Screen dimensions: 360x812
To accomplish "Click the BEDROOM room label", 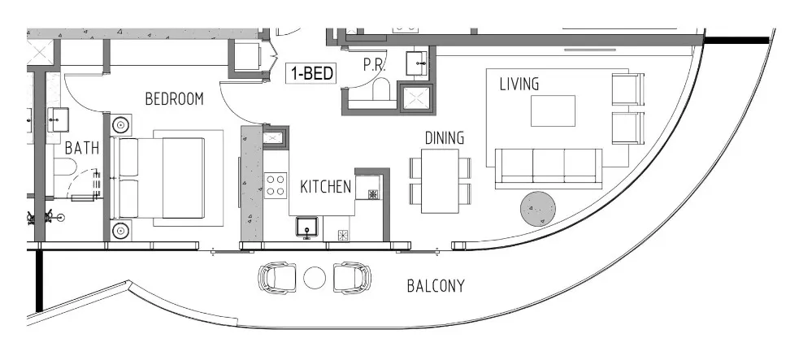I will point(174,99).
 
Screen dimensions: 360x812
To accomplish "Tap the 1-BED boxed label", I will point(313,73).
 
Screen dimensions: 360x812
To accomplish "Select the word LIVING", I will point(519,84).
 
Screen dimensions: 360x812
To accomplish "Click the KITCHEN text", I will point(325,187).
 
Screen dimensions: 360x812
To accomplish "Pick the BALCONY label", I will point(436,286).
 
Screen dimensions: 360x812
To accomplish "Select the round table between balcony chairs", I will point(314,279).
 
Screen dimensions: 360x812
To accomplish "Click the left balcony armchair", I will point(277,278).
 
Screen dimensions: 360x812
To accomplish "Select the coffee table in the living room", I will point(553,111).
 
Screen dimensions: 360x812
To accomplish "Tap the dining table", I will point(440,181).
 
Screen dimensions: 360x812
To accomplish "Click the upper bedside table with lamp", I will point(121,125).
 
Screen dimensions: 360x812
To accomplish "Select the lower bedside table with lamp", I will point(121,231).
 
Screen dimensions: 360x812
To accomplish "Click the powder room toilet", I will point(380,91).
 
